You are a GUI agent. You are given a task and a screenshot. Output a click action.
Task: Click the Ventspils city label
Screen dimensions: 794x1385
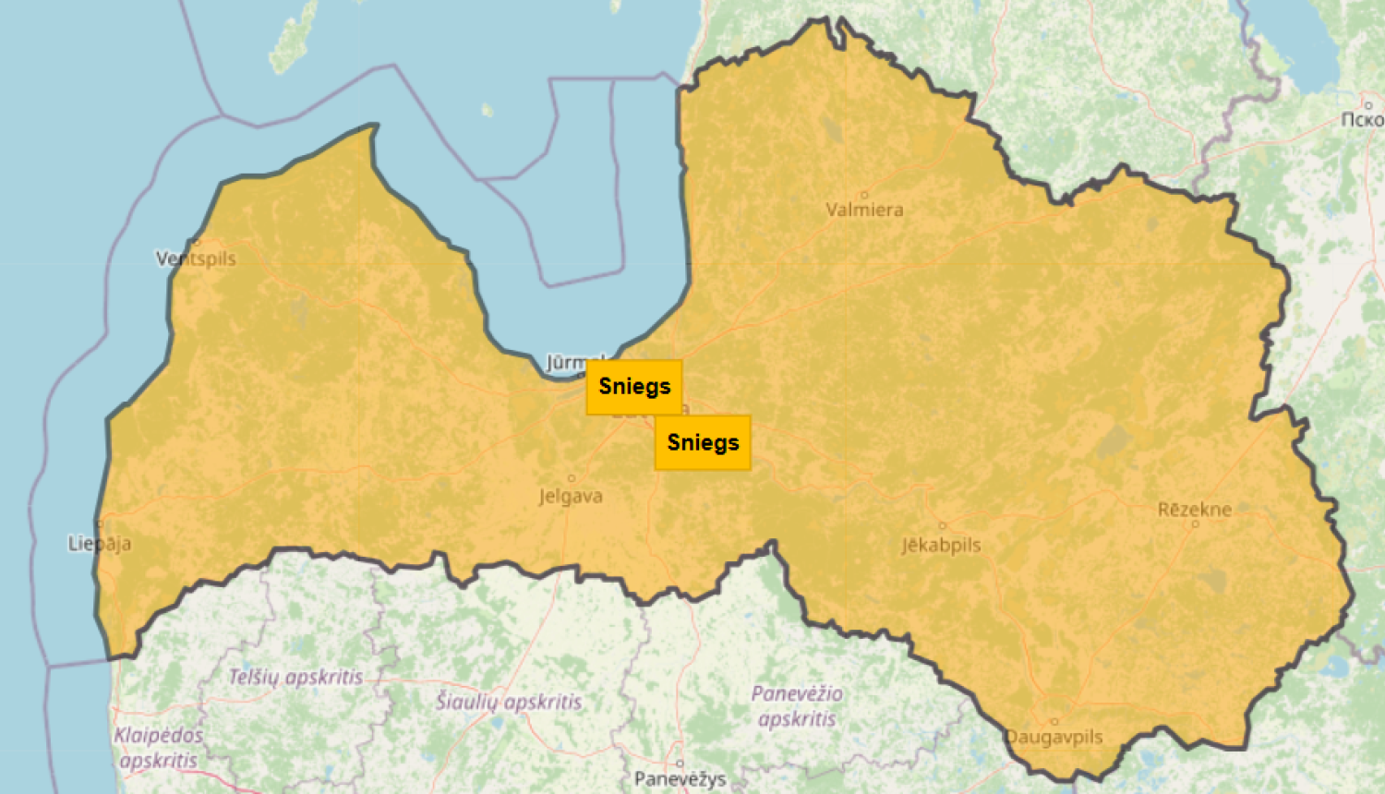point(197,259)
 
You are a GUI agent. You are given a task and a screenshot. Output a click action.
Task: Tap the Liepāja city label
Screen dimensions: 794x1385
point(100,543)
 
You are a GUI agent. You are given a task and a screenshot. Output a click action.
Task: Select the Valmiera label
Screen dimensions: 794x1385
point(864,210)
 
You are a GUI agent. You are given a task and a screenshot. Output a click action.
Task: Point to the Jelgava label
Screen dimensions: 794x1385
point(571,497)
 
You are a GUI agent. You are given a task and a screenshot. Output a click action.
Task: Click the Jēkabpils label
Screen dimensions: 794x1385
point(941,545)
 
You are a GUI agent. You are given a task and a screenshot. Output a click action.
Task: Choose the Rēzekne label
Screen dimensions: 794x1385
point(1194,510)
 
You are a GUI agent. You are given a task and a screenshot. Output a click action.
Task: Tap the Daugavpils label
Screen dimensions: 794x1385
point(1054,737)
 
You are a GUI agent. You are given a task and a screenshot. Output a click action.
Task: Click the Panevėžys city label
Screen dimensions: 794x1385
point(680,779)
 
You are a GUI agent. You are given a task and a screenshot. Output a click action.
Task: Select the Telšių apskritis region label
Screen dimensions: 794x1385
point(295,677)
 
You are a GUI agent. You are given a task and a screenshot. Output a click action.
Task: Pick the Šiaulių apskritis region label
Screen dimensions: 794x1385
point(509,702)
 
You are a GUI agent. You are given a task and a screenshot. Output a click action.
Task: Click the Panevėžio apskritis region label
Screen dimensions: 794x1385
point(796,706)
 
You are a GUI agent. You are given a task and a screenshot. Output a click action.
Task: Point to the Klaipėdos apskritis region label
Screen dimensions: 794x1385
point(158,748)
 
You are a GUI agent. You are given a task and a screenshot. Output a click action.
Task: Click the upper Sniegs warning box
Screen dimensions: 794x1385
point(634,387)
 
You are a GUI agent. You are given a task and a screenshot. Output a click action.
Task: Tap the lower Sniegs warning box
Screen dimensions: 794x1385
point(703,443)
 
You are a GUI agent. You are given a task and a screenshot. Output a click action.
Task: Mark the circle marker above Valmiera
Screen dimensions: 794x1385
point(864,194)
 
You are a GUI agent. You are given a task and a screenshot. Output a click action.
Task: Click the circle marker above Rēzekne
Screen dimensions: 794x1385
point(1195,523)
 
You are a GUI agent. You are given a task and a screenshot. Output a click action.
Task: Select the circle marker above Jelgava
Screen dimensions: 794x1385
point(572,478)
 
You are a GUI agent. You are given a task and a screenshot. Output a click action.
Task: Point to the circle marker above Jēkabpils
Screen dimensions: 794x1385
point(942,526)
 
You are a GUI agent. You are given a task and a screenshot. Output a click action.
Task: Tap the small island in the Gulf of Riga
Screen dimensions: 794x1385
point(487,111)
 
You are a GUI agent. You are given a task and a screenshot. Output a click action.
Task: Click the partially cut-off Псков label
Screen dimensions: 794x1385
point(1362,119)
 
